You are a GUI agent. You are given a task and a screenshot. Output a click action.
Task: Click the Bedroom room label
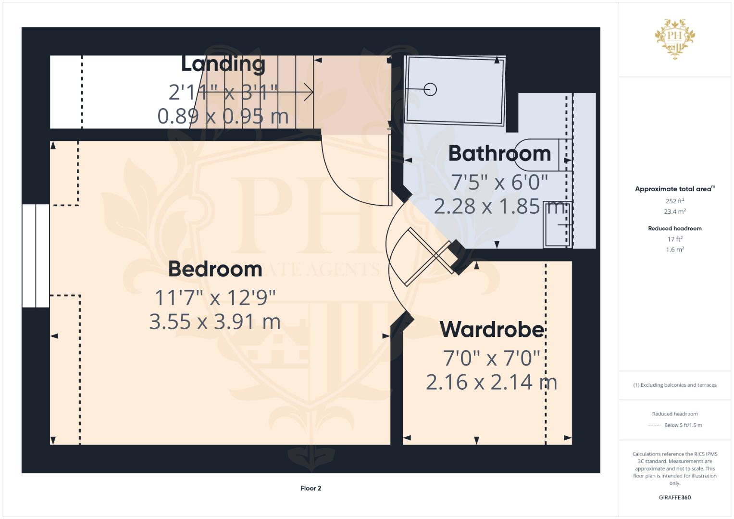pos(215,269)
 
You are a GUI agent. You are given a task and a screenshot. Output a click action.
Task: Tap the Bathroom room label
pos(499,154)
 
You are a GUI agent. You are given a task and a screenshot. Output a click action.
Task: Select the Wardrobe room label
pos(492,330)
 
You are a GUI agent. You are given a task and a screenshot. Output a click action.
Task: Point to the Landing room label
pos(223,64)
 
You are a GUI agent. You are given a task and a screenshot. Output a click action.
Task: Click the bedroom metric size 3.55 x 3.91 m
pos(215,321)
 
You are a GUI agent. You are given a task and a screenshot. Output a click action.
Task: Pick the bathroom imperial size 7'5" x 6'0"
pos(499,182)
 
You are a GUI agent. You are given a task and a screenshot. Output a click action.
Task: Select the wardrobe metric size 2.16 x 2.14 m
pos(491,382)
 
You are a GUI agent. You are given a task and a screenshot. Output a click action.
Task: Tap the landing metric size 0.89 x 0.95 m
pos(223,116)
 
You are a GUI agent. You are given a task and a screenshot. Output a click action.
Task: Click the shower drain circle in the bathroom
pos(430,89)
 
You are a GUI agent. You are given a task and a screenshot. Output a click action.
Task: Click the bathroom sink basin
pos(557,224)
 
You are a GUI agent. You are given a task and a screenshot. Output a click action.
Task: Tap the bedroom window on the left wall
pos(36,256)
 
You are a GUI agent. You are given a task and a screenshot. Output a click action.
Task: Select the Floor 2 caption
pos(311,488)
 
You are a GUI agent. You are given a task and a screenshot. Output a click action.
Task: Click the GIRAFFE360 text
pos(674,497)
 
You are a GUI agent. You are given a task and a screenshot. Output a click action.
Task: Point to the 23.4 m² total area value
pos(674,211)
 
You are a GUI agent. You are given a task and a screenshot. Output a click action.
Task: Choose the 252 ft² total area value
pos(674,201)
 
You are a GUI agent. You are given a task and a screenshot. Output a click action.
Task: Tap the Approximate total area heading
pos(674,189)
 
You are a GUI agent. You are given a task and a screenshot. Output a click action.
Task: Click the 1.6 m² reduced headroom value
pos(674,249)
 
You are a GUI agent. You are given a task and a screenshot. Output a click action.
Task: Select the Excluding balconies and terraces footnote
pos(674,385)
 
